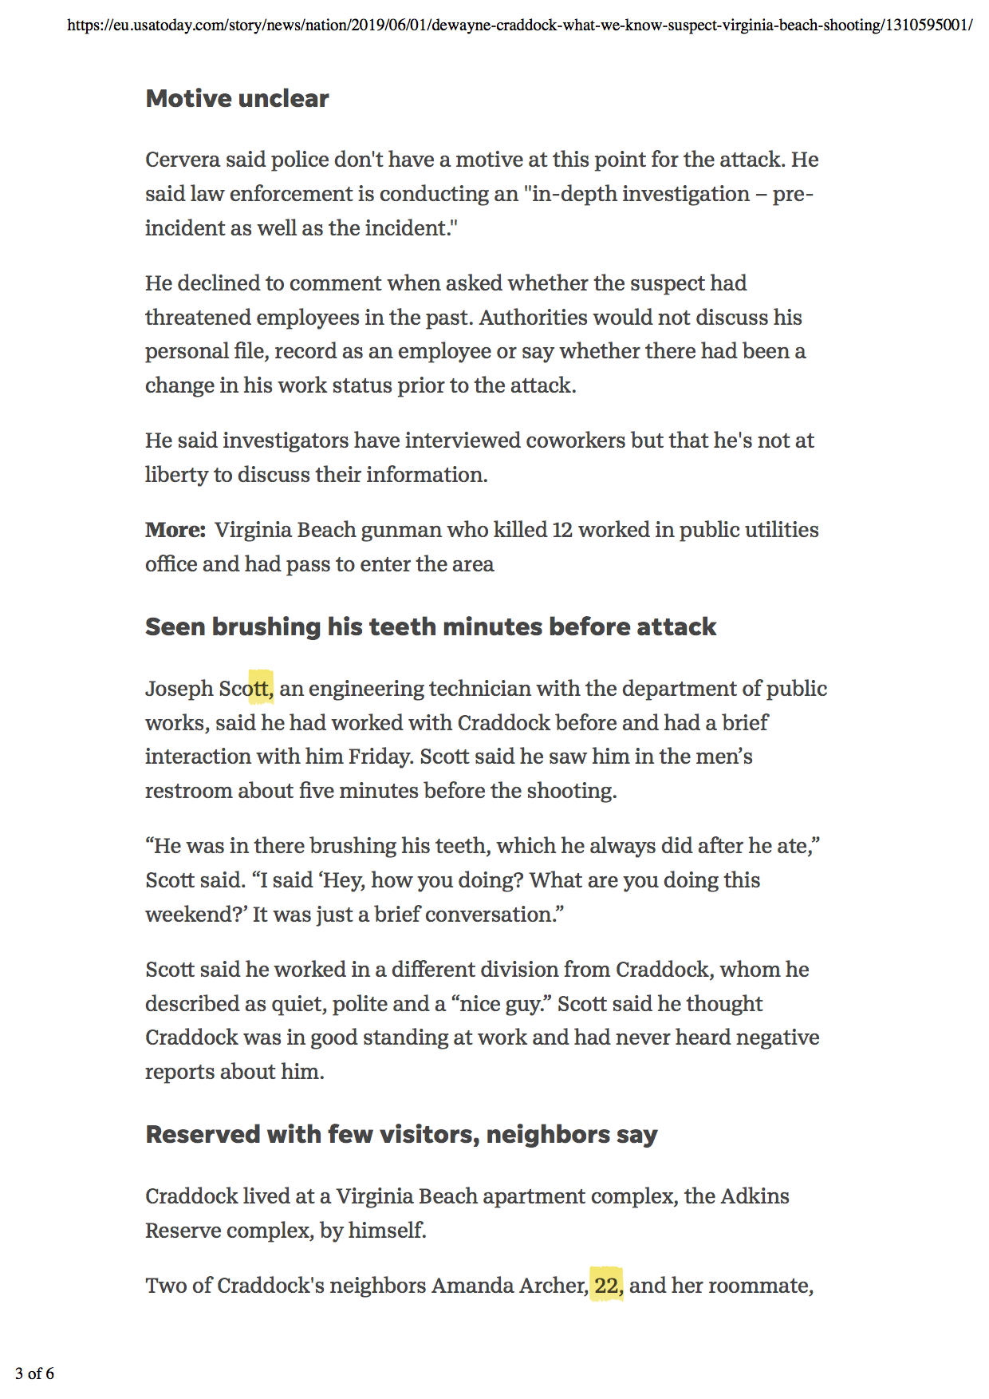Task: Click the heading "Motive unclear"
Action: [237, 98]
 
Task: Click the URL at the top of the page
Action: [519, 25]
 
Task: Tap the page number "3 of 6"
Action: [34, 1373]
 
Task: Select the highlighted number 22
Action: [607, 1285]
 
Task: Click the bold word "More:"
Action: [175, 530]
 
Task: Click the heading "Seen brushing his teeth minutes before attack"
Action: [430, 626]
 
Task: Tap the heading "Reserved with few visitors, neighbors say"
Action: [401, 1134]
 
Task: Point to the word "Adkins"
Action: [755, 1196]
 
